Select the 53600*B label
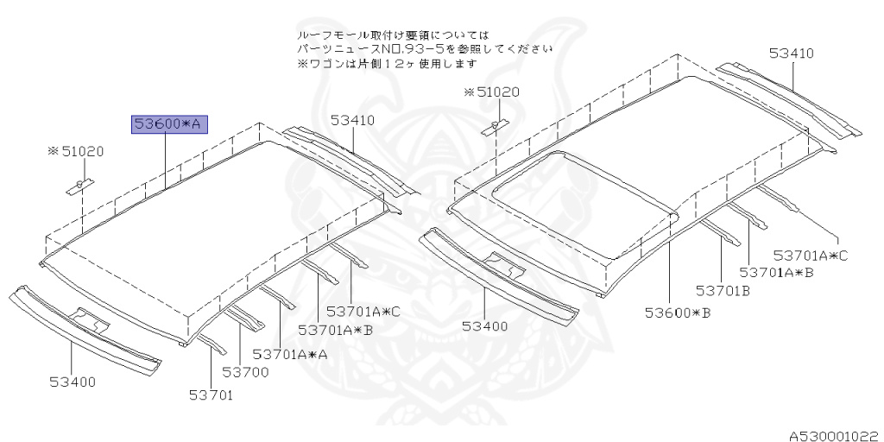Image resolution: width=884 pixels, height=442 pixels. point(678,313)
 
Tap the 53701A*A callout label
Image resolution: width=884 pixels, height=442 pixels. point(290,353)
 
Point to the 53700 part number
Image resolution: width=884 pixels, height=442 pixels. point(245,372)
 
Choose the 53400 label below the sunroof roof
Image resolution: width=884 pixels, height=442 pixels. point(484,326)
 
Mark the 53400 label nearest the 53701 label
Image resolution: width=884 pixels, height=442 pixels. point(72,381)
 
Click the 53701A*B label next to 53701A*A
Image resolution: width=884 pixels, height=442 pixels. point(336,330)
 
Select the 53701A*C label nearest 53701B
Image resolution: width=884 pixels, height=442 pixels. point(811,256)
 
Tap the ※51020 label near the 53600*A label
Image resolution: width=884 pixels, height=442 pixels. point(76,151)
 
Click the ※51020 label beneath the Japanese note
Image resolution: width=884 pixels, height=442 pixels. point(491,92)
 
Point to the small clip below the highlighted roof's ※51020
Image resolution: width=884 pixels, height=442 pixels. point(80,186)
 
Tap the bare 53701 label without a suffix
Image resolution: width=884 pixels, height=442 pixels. point(212,395)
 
